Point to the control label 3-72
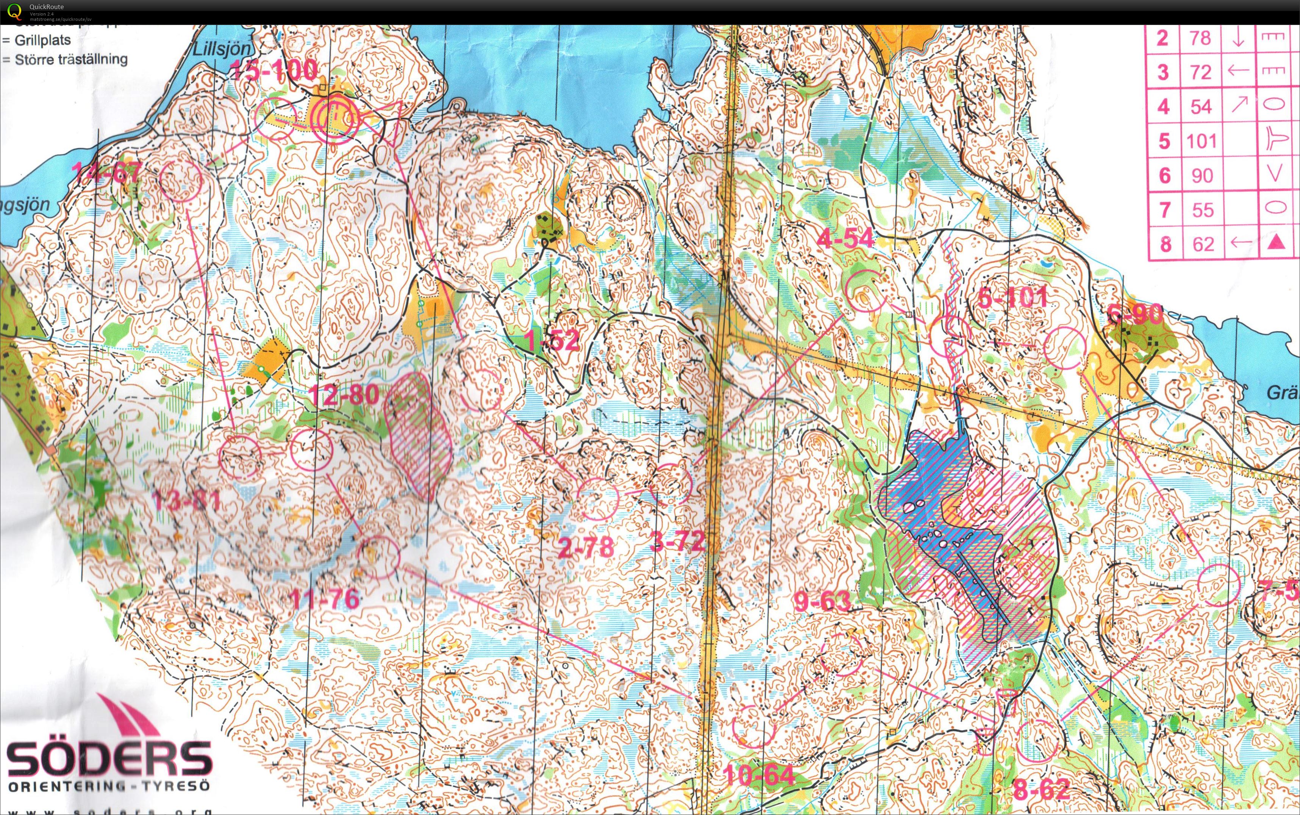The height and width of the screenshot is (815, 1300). [x=678, y=541]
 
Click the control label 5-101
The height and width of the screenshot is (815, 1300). [x=1013, y=298]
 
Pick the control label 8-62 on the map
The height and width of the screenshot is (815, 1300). [x=1041, y=791]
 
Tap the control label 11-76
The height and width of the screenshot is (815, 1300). [x=324, y=599]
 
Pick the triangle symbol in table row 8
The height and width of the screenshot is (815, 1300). [x=1275, y=244]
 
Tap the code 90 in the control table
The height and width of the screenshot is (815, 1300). [x=1202, y=176]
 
